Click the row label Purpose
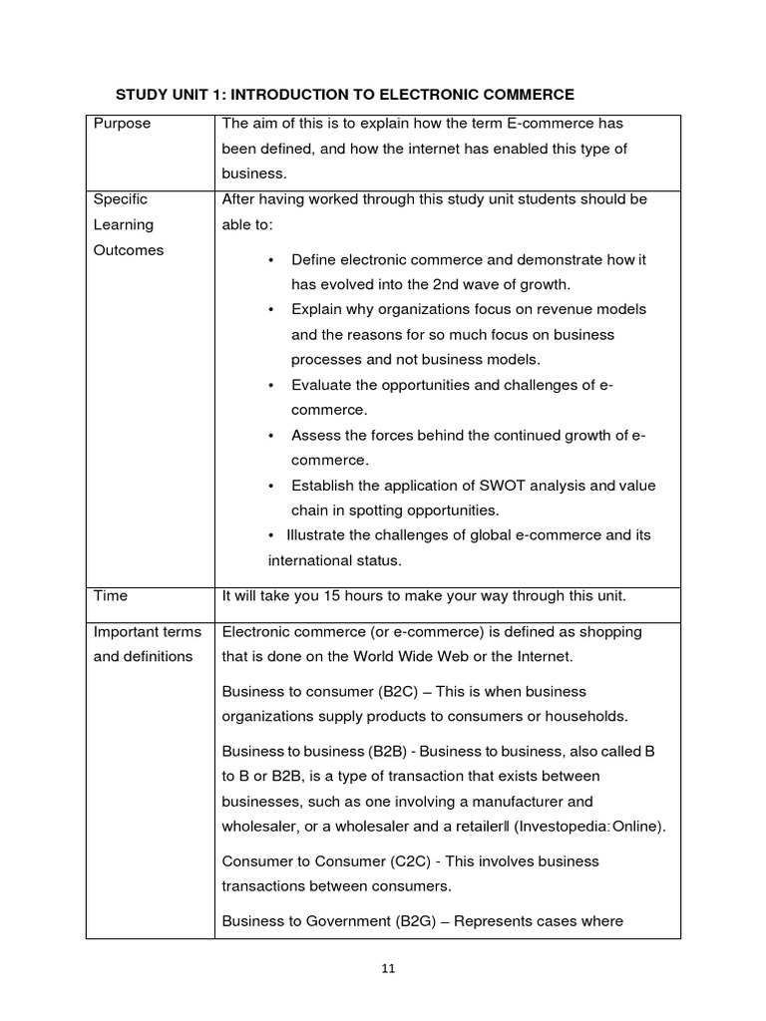[122, 124]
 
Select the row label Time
[110, 596]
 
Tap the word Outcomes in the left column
[128, 250]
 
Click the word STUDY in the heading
[144, 95]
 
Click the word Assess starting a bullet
[315, 435]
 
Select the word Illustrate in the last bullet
[319, 535]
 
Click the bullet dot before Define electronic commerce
[271, 260]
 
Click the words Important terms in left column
[147, 631]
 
